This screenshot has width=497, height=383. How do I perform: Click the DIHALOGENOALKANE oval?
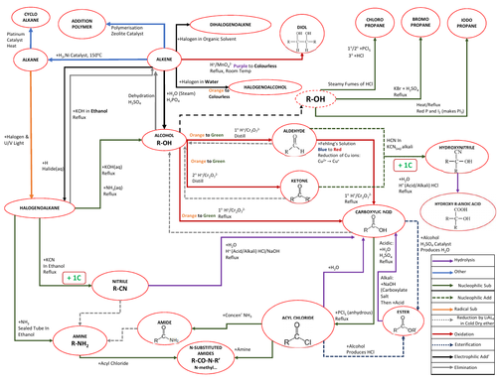(221, 22)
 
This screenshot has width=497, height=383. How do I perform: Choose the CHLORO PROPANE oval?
(354, 22)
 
